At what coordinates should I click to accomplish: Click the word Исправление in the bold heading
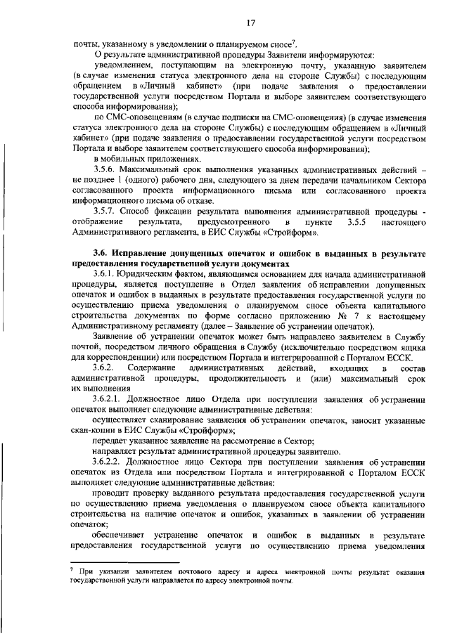coord(148,251)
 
